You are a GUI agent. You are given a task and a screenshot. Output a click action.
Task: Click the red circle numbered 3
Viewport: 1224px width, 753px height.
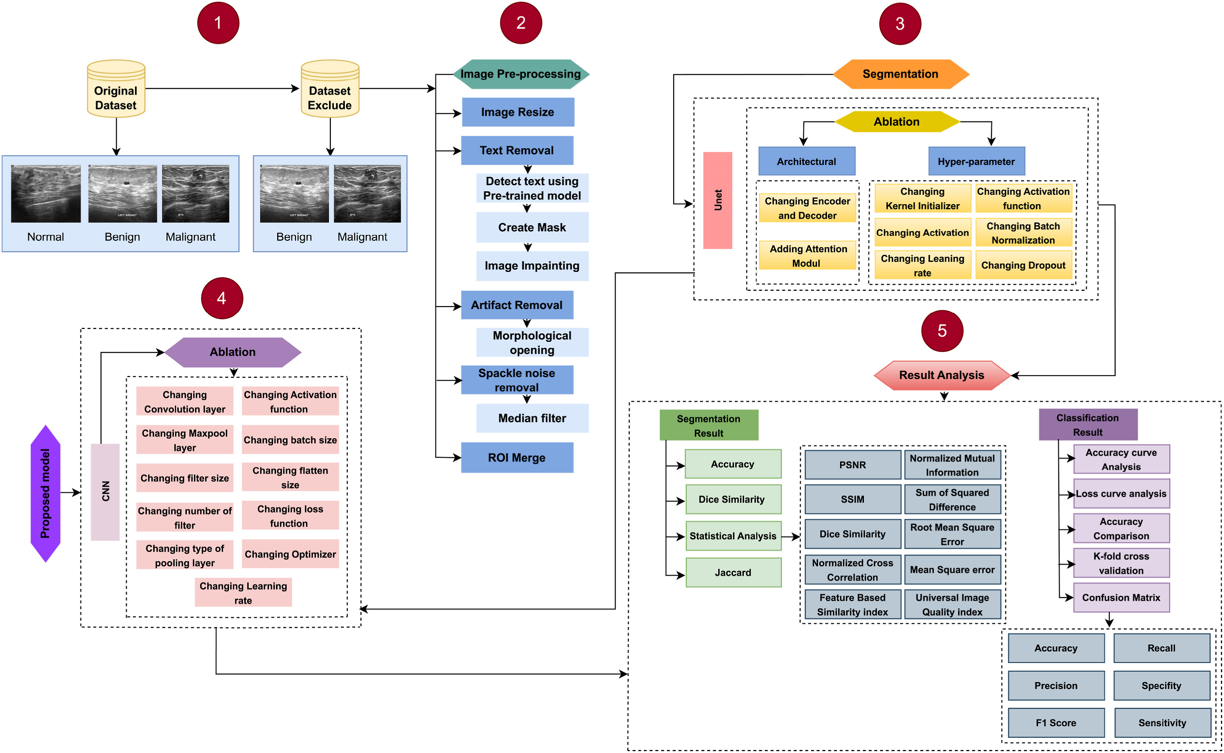point(900,23)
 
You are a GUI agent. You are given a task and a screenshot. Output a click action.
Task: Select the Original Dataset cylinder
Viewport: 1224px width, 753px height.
point(116,89)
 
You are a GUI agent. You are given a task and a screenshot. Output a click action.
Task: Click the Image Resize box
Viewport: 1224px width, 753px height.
point(518,112)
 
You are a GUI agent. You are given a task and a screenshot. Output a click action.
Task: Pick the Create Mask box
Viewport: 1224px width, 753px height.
point(532,228)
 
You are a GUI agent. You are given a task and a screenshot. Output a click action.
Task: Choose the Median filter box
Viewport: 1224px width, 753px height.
point(532,418)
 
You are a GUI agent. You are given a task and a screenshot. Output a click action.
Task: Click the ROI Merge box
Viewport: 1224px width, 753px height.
point(517,458)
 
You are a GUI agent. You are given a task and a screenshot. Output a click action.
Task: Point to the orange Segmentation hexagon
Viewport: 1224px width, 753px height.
point(900,74)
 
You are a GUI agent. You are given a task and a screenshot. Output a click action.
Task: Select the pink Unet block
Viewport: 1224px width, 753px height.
point(717,200)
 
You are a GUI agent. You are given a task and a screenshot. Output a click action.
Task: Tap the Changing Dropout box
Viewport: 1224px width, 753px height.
point(1023,265)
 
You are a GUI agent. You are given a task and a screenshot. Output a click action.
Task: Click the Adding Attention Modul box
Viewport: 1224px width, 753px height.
point(807,256)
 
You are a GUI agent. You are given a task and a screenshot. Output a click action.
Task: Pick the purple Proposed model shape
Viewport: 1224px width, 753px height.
point(45,494)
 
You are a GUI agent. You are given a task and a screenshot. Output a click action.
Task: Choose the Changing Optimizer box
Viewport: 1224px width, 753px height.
point(290,554)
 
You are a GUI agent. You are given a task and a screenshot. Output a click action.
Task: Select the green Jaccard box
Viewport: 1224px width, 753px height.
point(733,573)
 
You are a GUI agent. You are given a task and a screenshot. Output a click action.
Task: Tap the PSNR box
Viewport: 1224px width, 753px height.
point(852,465)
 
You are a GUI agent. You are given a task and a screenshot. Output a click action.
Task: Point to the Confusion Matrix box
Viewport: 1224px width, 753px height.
point(1121,598)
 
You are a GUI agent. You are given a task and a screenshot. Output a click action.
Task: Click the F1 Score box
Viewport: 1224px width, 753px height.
point(1056,723)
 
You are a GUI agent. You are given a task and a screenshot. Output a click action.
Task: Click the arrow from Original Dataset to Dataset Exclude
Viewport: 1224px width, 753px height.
point(222,88)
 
